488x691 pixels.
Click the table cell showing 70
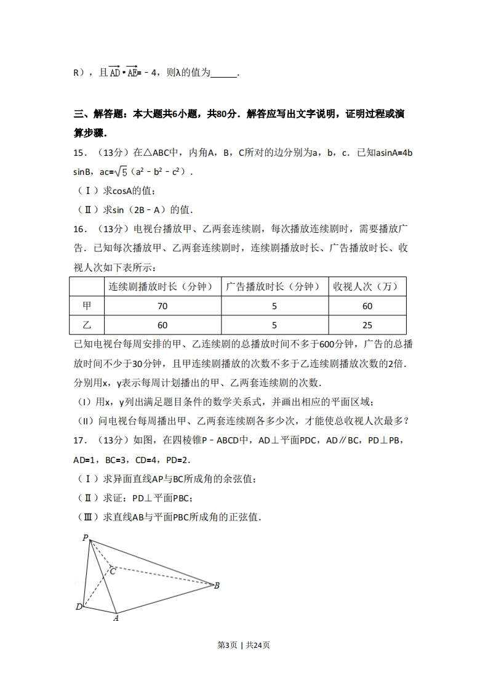pyautogui.click(x=162, y=306)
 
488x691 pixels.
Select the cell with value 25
pyautogui.click(x=367, y=325)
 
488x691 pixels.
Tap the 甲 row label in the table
pyautogui.click(x=86, y=306)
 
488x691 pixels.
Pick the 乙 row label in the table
pyautogui.click(x=86, y=325)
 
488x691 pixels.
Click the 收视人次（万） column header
pyautogui.click(x=367, y=286)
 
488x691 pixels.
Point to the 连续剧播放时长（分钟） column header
pyautogui.click(x=162, y=286)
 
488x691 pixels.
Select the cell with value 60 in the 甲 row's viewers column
pyautogui.click(x=367, y=306)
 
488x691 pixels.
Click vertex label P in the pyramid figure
pyautogui.click(x=86, y=538)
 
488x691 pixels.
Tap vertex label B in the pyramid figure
pyautogui.click(x=217, y=586)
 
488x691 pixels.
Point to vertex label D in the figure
pyautogui.click(x=79, y=607)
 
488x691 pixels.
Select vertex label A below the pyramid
pyautogui.click(x=116, y=618)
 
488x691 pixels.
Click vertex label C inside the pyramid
pyautogui.click(x=113, y=572)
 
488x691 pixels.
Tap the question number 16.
pyautogui.click(x=80, y=229)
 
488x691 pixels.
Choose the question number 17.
pyautogui.click(x=80, y=440)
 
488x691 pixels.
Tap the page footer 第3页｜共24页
pyautogui.click(x=244, y=645)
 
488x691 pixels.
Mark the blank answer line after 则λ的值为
pyautogui.click(x=223, y=73)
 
